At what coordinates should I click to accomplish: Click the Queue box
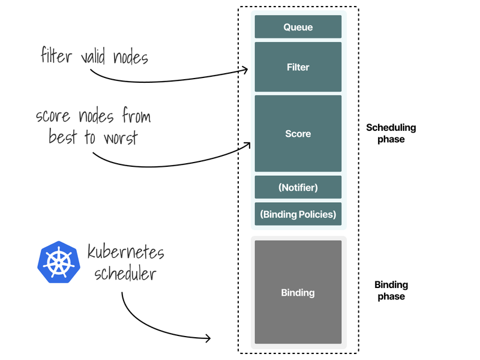[298, 27]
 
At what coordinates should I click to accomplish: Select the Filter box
[298, 67]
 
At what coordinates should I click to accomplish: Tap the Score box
[298, 133]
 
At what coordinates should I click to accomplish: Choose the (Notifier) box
[298, 187]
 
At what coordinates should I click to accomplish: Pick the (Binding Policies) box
[298, 214]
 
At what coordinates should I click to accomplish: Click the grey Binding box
[298, 292]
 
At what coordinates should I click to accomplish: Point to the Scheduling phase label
[391, 133]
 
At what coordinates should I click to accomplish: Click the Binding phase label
[391, 290]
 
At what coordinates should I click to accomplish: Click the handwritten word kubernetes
[125, 251]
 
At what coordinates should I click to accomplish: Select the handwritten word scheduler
[125, 274]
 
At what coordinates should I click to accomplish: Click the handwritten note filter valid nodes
[94, 57]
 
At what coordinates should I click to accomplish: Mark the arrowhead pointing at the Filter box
[245, 70]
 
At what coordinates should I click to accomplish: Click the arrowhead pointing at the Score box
[247, 144]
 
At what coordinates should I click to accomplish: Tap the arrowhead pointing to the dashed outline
[208, 338]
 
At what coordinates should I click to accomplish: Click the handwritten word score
[55, 115]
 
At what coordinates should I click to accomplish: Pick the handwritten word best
[64, 137]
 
